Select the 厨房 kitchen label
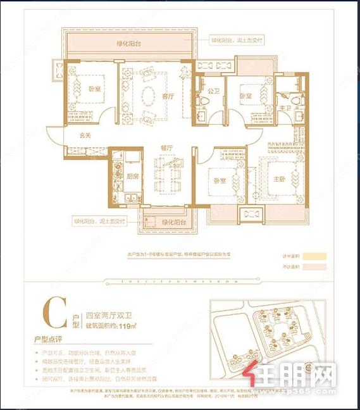point(132,177)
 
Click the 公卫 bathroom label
point(213,90)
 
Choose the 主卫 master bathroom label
point(285,108)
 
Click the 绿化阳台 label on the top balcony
point(129,43)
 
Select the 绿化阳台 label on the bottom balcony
point(173,222)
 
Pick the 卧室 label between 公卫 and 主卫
point(245,95)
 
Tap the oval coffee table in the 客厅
point(148,96)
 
